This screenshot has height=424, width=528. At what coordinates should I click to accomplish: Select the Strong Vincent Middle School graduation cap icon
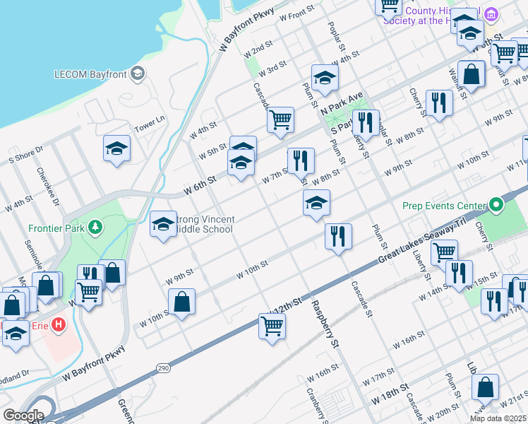(163, 224)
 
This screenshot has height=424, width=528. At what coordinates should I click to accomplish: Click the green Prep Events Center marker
(496, 206)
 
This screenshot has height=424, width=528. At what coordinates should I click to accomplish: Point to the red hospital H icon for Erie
(59, 325)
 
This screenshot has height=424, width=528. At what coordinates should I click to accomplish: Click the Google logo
(23, 416)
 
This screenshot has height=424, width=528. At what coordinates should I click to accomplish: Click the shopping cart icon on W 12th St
(272, 326)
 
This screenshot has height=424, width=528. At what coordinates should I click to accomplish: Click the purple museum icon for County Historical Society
(493, 14)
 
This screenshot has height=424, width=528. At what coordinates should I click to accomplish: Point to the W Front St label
(296, 13)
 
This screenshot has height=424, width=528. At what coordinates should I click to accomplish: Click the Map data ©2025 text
(497, 418)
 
